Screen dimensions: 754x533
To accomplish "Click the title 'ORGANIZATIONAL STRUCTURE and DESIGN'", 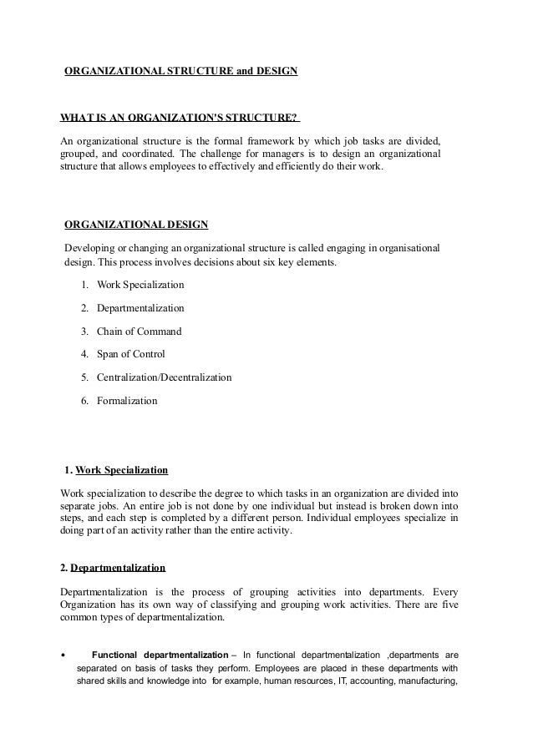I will [181, 72].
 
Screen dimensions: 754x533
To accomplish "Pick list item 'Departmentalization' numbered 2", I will [140, 308].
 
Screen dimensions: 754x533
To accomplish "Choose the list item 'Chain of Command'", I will [139, 331].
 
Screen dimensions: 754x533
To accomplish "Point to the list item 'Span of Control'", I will [131, 354].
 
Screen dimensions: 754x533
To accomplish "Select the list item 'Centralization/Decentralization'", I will [164, 377].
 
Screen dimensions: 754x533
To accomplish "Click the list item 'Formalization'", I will [127, 401].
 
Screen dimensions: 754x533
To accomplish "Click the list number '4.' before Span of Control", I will [85, 354].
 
